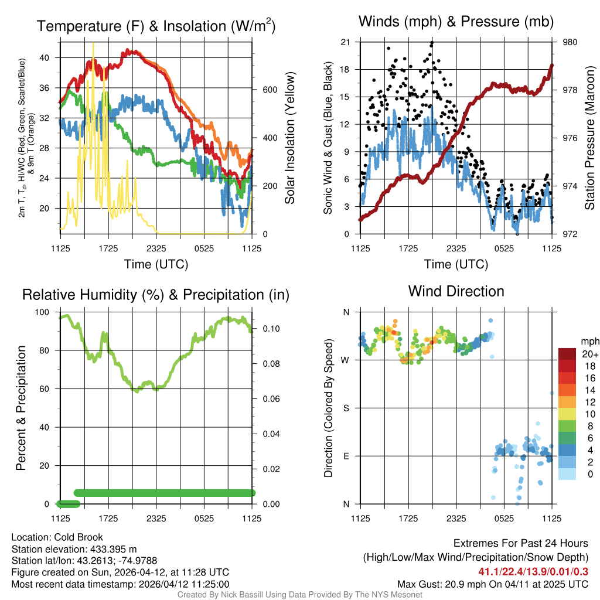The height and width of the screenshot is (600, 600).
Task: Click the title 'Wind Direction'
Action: point(456,291)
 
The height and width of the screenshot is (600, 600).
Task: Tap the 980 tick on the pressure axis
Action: point(563,42)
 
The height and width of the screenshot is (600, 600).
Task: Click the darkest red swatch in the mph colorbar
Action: point(567,354)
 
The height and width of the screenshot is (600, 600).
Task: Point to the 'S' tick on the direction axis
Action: point(346,408)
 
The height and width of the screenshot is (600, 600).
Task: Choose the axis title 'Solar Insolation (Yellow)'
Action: point(289,138)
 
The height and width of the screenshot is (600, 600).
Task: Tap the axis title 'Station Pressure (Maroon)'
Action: point(589,138)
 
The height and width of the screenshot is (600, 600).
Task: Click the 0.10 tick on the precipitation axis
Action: point(264,329)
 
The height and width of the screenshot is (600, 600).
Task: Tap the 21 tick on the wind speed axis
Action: point(346,42)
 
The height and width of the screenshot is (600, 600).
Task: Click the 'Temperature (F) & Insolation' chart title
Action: point(156,26)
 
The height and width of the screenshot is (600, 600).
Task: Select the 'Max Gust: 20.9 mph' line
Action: point(493,584)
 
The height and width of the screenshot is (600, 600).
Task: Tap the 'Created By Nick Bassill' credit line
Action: point(299,595)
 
